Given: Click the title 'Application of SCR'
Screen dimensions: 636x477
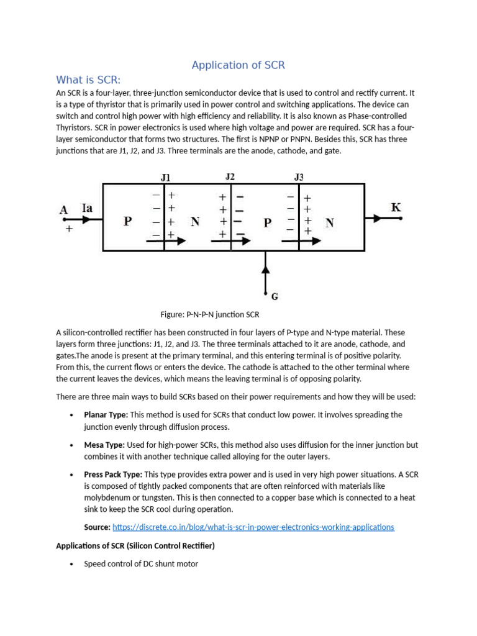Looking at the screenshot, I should tap(238, 65).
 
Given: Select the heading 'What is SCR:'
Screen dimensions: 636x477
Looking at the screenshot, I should tap(88, 79).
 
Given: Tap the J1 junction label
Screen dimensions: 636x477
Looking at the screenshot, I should tap(165, 177).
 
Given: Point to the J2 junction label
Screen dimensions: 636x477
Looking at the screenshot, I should tap(230, 176).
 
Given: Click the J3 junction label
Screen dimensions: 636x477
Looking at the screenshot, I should tap(299, 177).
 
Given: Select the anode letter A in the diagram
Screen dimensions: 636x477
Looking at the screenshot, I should tap(63, 210).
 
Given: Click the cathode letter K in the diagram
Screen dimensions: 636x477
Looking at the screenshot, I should tap(396, 207).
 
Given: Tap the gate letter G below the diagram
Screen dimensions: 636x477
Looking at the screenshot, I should tap(274, 296).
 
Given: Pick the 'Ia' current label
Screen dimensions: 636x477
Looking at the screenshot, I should tap(88, 209).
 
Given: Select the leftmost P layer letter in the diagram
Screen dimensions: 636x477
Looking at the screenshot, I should tap(127, 221).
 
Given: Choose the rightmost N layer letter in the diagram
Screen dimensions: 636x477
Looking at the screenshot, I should tap(329, 222).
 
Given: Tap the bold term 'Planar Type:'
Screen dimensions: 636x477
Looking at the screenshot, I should tap(106, 414).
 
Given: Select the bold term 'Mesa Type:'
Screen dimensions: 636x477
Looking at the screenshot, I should tap(104, 445).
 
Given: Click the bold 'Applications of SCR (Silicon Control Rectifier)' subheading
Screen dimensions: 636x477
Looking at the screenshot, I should tap(135, 546).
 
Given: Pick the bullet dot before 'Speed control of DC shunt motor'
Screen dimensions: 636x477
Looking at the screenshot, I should tap(72, 564).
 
